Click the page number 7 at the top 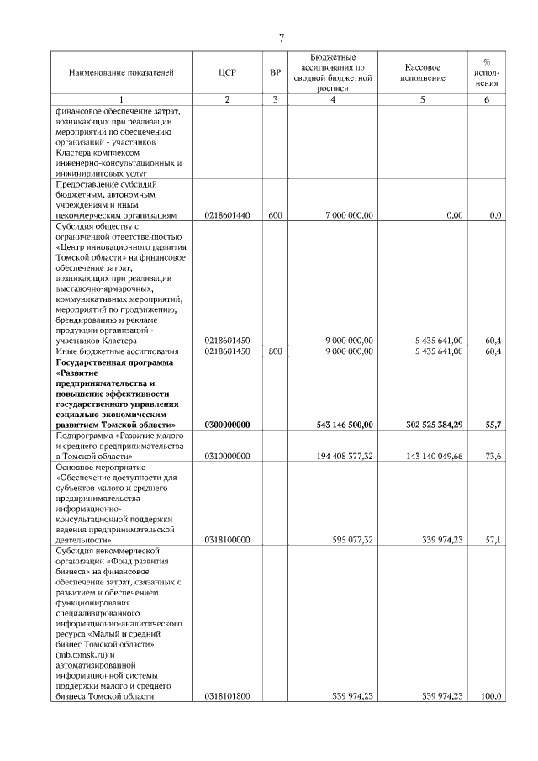pyautogui.click(x=282, y=37)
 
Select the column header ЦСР pyautogui.click(x=227, y=72)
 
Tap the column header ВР pyautogui.click(x=275, y=72)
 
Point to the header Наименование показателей pyautogui.click(x=121, y=72)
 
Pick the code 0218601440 pyautogui.click(x=227, y=215)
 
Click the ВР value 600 pyautogui.click(x=275, y=215)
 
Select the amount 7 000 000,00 pyautogui.click(x=349, y=215)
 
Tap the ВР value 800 pyautogui.click(x=275, y=351)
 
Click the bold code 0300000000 pyautogui.click(x=227, y=426)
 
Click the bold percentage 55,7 pyautogui.click(x=493, y=426)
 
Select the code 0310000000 pyautogui.click(x=227, y=456)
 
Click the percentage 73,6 pyautogui.click(x=493, y=456)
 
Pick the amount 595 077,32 pyautogui.click(x=352, y=540)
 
